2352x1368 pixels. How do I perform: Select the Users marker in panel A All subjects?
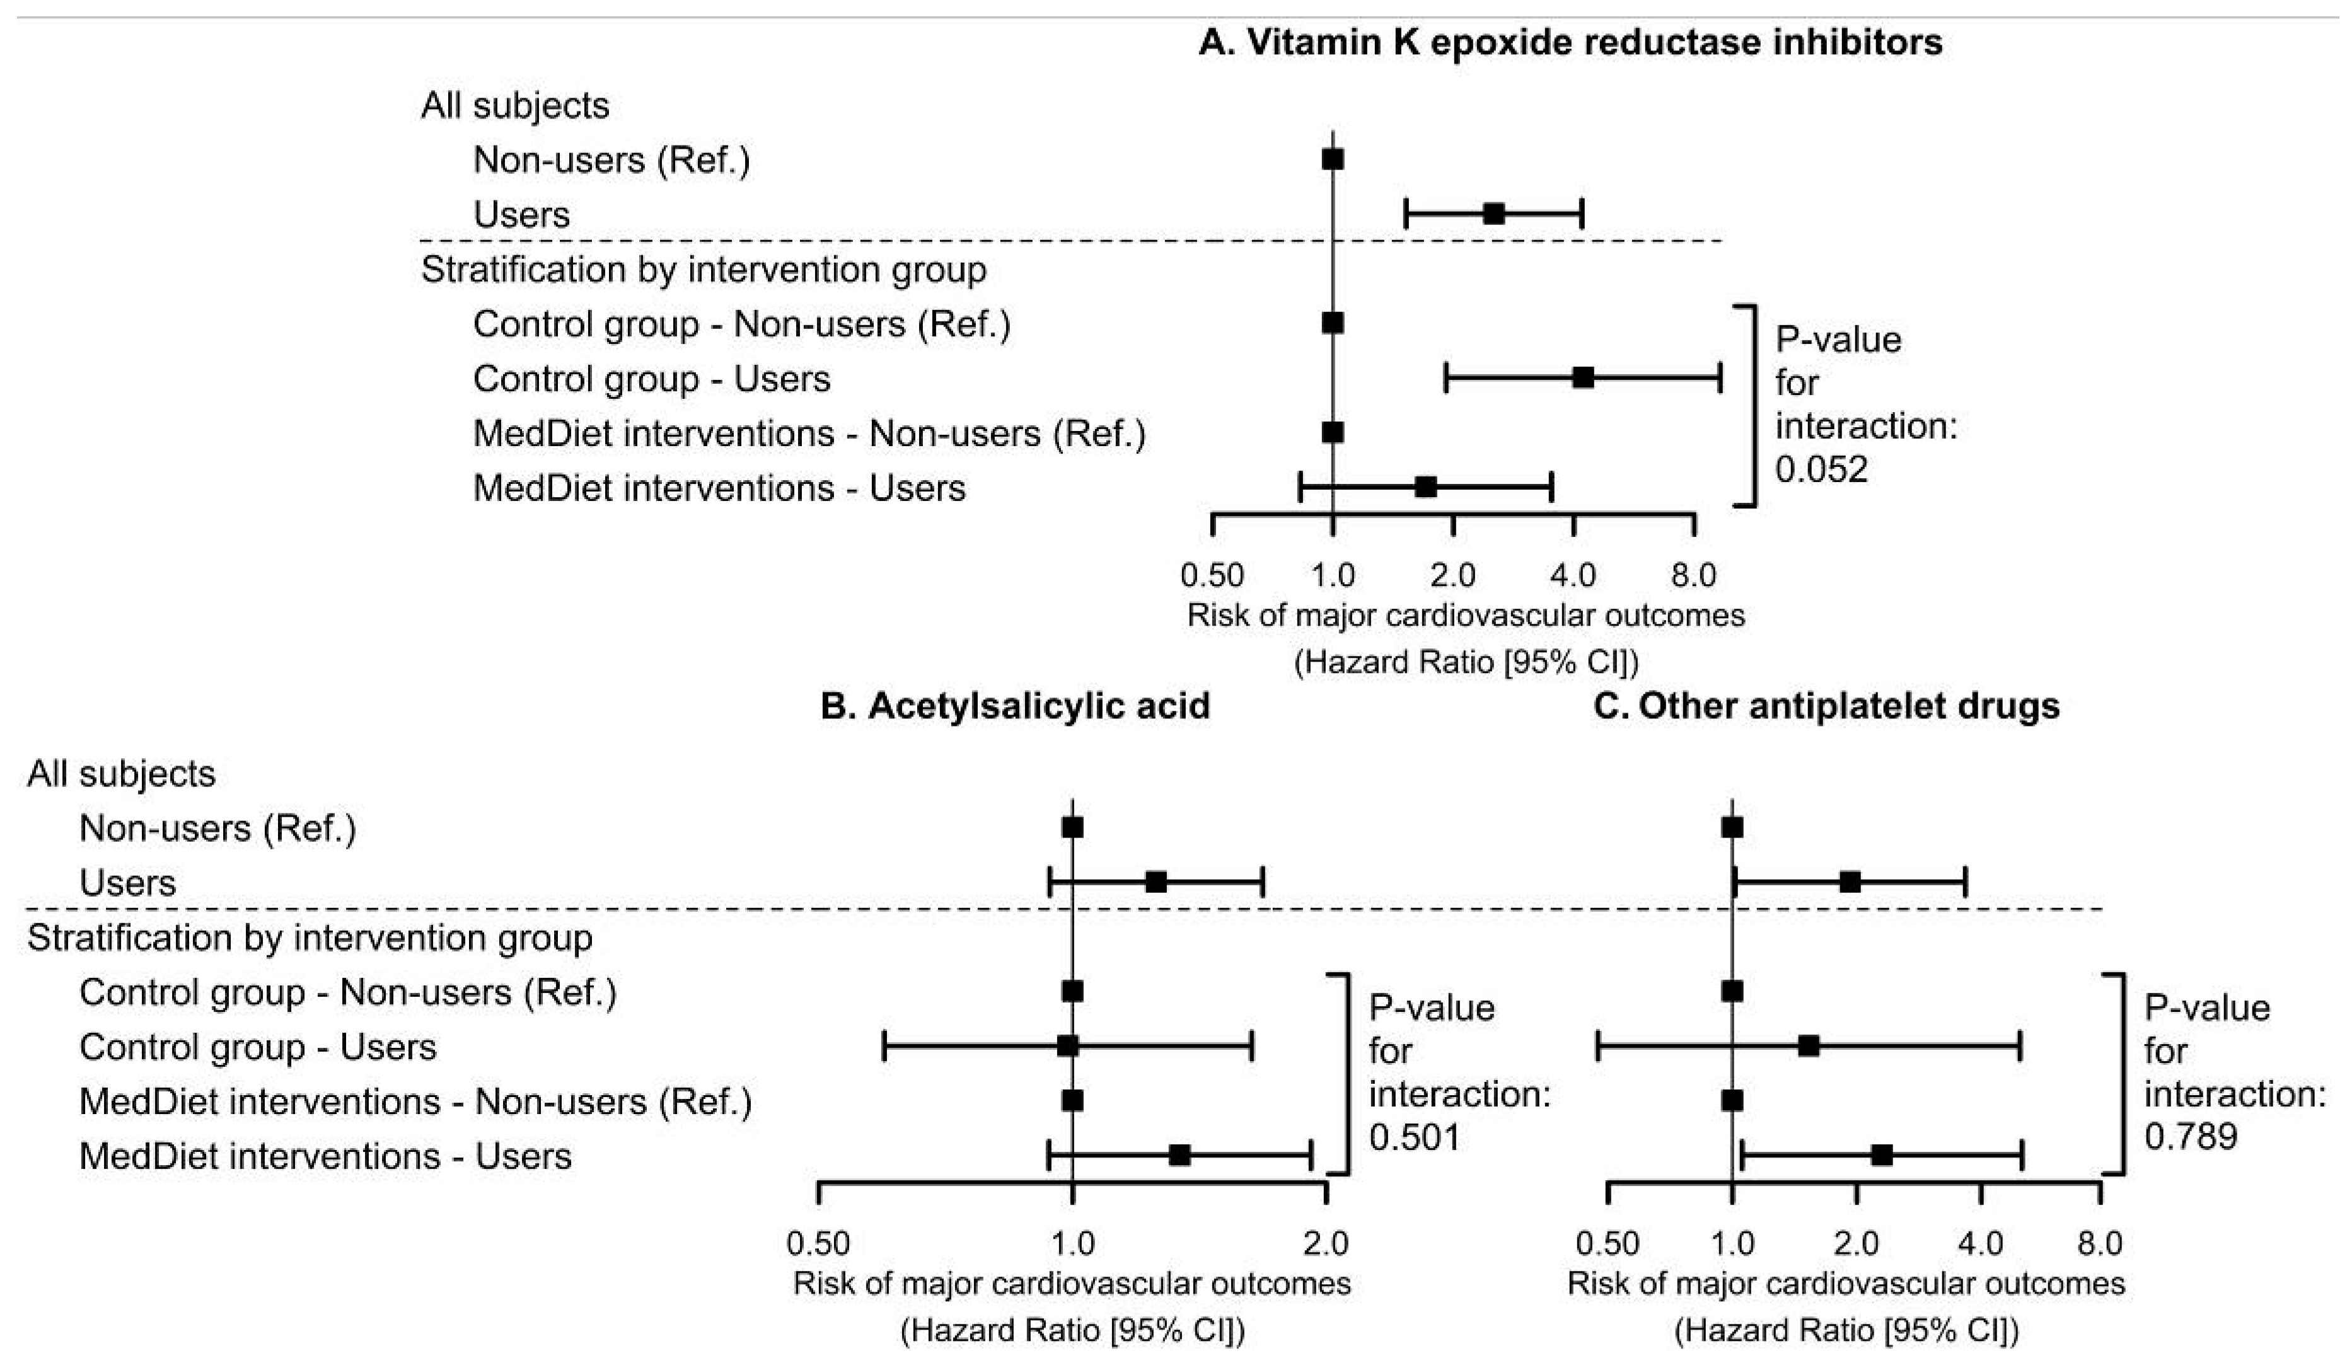point(1493,214)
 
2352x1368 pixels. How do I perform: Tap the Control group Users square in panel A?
point(1583,378)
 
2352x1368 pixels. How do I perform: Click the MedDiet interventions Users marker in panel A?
point(1425,487)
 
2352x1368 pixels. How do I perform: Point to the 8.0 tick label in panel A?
point(1693,575)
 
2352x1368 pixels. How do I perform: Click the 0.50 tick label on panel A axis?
point(1212,575)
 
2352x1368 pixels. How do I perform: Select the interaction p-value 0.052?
point(1821,469)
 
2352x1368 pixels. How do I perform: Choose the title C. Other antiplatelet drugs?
point(1826,706)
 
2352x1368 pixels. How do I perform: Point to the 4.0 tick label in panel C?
point(1981,1243)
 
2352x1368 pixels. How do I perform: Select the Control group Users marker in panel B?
point(1068,1046)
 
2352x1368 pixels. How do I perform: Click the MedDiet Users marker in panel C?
point(1882,1155)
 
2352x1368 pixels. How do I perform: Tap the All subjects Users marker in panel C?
point(1850,882)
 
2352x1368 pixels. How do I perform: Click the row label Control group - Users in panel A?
point(651,379)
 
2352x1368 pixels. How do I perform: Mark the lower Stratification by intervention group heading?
point(310,938)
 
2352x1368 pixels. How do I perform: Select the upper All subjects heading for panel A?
point(514,105)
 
